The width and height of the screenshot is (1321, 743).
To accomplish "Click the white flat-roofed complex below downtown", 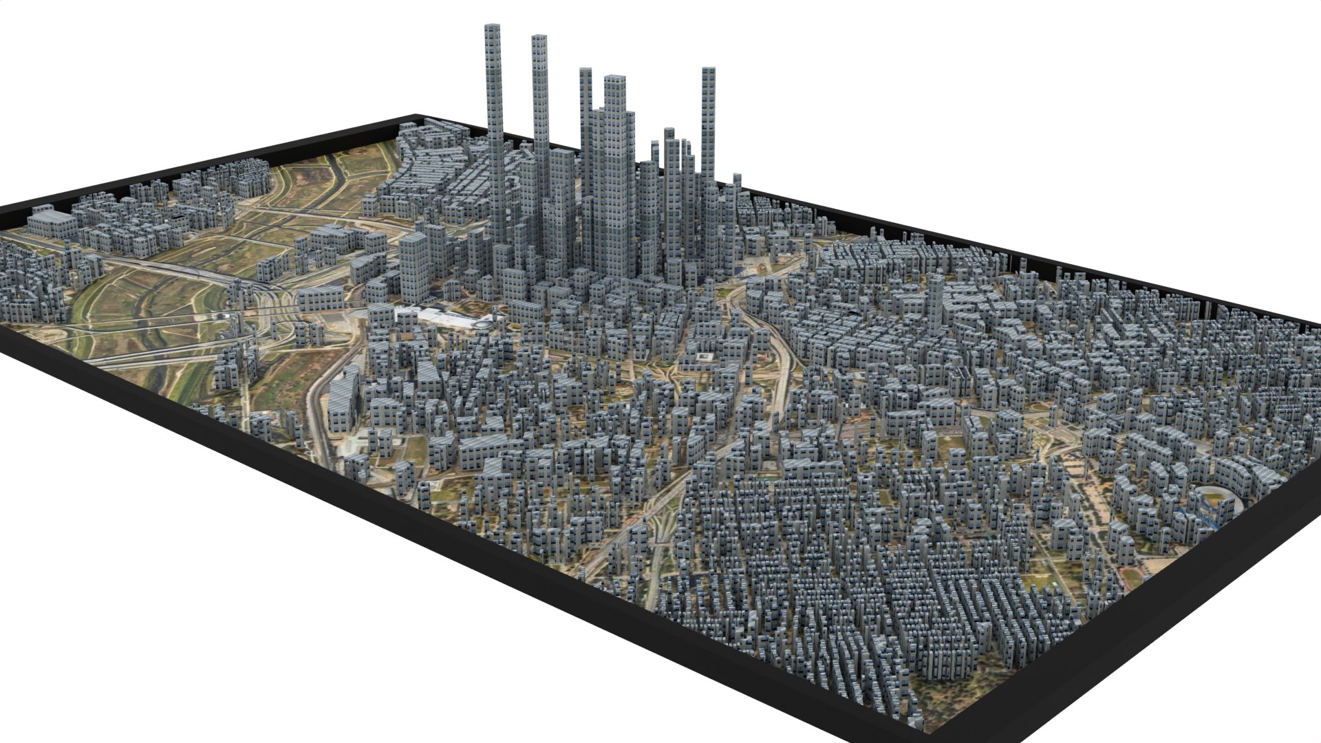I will (447, 318).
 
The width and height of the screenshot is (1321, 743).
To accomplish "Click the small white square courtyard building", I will (702, 358).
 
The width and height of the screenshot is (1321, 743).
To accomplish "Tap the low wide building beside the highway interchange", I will (320, 298).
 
